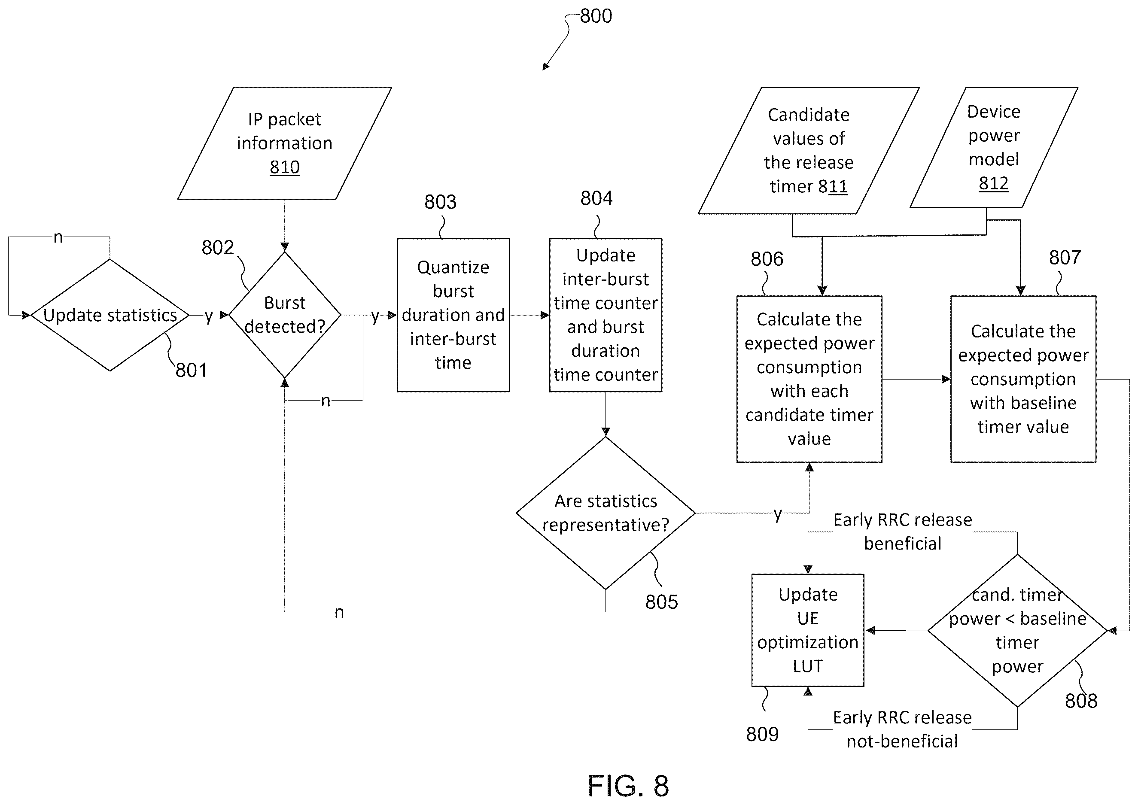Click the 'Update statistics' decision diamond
click(110, 315)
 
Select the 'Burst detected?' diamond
click(285, 315)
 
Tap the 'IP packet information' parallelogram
click(285, 143)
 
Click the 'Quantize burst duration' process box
click(453, 315)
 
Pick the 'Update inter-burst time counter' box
click(606, 315)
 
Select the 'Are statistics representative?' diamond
click(606, 513)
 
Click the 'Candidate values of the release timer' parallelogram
click(809, 151)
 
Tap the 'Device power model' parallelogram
click(994, 147)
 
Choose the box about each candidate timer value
click(809, 379)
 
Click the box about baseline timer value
click(1023, 379)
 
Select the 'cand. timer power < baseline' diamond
click(1017, 631)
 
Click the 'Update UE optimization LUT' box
click(808, 630)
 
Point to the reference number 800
click(596, 16)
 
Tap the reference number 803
click(440, 202)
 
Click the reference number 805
click(661, 602)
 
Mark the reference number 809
click(762, 734)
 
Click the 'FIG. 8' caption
click(628, 786)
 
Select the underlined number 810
click(285, 167)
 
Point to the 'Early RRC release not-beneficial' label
click(903, 729)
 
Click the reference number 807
click(1065, 257)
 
